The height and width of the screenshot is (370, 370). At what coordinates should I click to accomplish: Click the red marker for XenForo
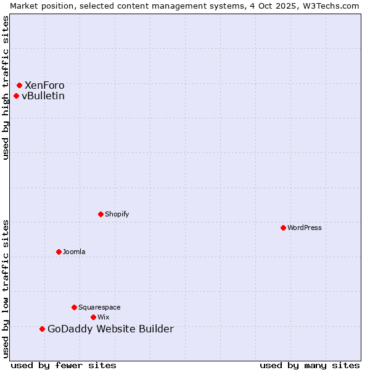tap(19, 85)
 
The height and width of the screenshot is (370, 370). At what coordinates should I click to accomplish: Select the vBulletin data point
tap(16, 96)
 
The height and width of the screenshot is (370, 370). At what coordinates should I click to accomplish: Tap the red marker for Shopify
tap(101, 214)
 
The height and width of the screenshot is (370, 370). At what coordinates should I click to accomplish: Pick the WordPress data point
tap(283, 228)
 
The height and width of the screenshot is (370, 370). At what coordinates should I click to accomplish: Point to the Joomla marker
tap(59, 252)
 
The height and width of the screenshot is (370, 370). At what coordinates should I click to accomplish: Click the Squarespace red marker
tap(74, 307)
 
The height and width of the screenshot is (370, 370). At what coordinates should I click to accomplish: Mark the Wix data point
tap(93, 317)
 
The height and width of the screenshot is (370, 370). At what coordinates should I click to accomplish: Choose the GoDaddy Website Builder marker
tap(42, 329)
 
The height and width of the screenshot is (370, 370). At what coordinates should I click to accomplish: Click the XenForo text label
tap(44, 85)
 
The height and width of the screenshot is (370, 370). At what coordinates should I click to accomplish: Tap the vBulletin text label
tap(43, 96)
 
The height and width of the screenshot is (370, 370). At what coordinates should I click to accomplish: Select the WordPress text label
tap(305, 228)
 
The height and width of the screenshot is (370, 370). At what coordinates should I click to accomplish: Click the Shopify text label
tap(117, 214)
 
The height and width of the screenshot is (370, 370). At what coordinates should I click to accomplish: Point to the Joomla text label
tap(74, 252)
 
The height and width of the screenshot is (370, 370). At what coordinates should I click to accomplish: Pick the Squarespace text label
tap(99, 307)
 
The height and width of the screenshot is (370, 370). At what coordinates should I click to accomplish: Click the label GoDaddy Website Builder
tap(110, 329)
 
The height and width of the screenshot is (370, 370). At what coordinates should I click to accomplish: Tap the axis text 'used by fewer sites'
tap(64, 365)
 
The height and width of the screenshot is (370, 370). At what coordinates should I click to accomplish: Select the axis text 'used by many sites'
tap(310, 365)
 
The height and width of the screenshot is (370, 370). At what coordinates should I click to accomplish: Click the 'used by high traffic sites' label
tap(6, 88)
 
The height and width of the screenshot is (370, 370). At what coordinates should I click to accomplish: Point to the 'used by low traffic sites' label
tap(6, 289)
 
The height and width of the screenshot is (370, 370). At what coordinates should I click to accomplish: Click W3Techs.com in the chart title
tap(332, 6)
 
